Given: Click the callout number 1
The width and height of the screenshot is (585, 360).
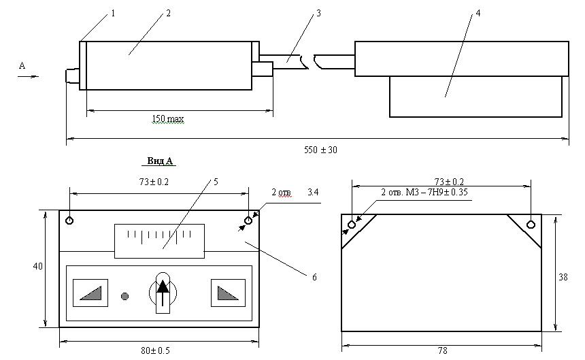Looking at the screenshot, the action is click(x=113, y=14).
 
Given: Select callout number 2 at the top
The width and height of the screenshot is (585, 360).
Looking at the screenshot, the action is click(x=168, y=14).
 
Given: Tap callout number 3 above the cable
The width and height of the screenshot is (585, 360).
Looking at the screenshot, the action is click(x=318, y=14).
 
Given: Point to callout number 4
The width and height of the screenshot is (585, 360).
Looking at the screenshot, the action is click(x=478, y=14).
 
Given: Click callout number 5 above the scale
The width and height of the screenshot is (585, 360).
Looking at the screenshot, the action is click(x=216, y=182).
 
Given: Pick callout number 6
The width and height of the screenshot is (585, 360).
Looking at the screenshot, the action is click(x=314, y=277).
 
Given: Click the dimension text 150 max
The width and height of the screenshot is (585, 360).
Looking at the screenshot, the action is click(x=168, y=119).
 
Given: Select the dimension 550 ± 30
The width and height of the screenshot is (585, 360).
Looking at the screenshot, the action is click(x=320, y=150).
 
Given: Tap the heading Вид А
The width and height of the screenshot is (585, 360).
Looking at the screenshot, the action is click(x=160, y=161).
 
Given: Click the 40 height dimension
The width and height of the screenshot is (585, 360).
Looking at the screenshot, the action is click(x=37, y=266).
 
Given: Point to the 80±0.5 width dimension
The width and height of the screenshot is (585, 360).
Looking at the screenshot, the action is click(x=155, y=350).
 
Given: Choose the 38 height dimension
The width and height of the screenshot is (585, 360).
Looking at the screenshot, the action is click(x=563, y=277).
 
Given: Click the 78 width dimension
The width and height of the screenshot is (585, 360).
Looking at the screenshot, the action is click(x=442, y=351).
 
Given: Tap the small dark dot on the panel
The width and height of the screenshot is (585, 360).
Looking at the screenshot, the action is click(x=125, y=297).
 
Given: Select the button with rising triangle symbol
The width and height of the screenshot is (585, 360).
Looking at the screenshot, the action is click(x=90, y=293).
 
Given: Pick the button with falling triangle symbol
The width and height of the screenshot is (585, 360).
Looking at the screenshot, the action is click(x=228, y=293).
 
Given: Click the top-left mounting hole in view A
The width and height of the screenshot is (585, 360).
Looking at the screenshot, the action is click(x=69, y=220).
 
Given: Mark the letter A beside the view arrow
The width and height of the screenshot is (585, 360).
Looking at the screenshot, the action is click(x=22, y=66).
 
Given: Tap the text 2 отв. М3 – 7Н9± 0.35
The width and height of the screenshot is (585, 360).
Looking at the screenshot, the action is click(x=424, y=192).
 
